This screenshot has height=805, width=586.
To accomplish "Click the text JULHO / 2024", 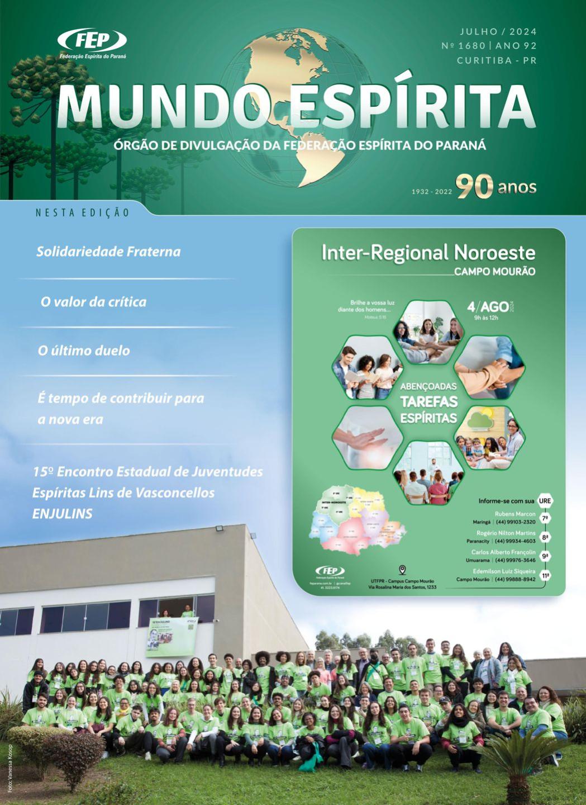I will (498, 32).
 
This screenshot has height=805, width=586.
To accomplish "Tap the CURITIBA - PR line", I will (497, 60).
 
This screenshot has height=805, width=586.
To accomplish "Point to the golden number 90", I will (474, 187).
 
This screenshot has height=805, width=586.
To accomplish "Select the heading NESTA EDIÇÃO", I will (82, 213).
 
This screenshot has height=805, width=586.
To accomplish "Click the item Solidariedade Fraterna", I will (108, 252).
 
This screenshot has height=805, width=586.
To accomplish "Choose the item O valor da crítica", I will (93, 302).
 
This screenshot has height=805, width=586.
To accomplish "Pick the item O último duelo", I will (84, 351).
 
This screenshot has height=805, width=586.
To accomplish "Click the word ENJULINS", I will (62, 514).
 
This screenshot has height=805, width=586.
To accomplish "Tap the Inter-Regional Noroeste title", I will (428, 253).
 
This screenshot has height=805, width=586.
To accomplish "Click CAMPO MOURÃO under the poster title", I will (494, 272).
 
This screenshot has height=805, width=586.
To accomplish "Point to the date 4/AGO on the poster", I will (488, 307).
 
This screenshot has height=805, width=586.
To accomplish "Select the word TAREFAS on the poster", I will (428, 402).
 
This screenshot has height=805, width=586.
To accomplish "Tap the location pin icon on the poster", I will (402, 570).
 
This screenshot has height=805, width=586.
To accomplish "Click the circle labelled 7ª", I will (545, 519).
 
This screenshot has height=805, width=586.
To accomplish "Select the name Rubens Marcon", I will (514, 514).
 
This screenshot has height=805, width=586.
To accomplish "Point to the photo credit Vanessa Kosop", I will (10, 768).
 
